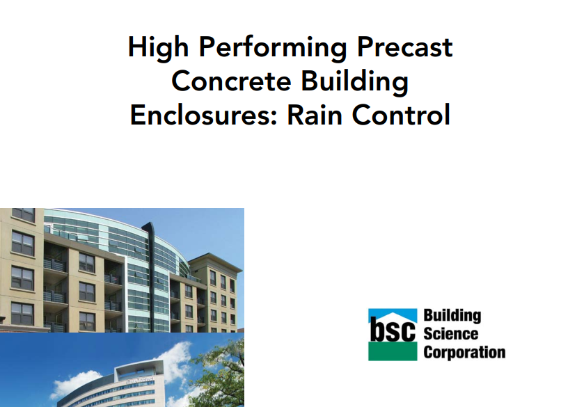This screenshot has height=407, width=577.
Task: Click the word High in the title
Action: point(158,48)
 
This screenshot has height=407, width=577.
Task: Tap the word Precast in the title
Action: point(404,47)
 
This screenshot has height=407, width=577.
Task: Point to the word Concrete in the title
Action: point(232,81)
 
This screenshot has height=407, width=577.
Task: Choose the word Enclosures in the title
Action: point(203,115)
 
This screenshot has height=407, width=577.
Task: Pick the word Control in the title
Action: point(401,115)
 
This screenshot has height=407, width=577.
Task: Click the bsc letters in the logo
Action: point(393,329)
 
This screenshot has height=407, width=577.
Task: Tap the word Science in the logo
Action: point(451,334)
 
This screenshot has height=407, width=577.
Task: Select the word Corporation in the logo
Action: point(464,353)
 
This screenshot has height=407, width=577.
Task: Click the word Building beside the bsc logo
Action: point(452,316)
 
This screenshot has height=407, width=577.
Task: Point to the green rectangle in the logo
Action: point(393,351)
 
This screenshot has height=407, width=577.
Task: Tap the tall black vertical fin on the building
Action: point(150,277)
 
